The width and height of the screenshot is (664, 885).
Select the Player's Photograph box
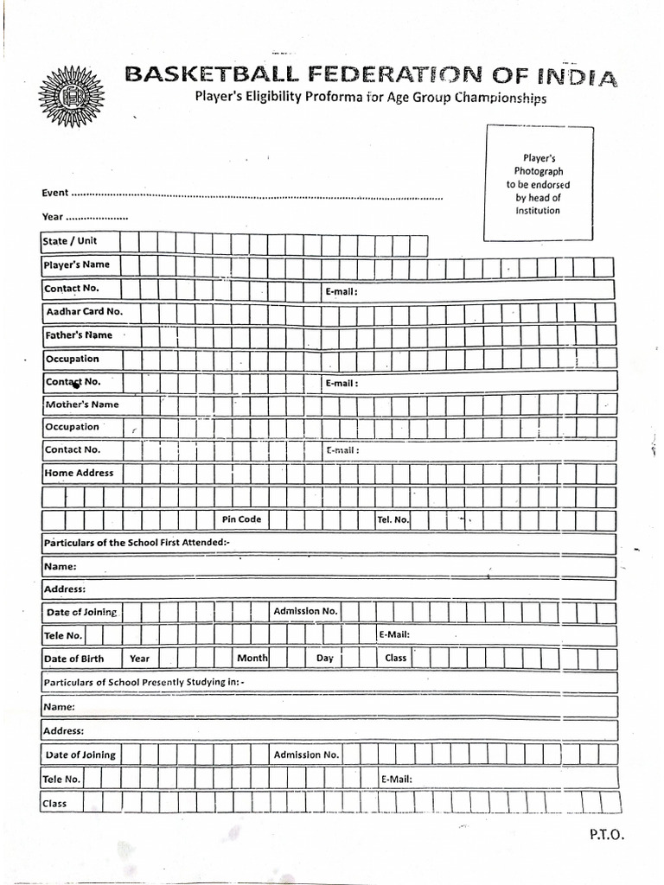pyautogui.click(x=539, y=183)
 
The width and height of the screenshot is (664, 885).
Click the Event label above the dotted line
pyautogui.click(x=54, y=194)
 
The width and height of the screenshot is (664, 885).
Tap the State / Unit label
pyautogui.click(x=70, y=241)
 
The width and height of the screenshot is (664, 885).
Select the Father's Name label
pyautogui.click(x=78, y=334)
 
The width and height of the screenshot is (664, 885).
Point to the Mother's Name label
pyautogui.click(x=81, y=404)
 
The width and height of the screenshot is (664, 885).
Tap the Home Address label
pyautogui.click(x=79, y=473)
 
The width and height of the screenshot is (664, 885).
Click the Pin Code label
pyautogui.click(x=241, y=519)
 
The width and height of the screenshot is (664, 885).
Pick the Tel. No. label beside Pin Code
pyautogui.click(x=393, y=519)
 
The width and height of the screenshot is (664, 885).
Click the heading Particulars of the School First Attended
pyautogui.click(x=137, y=542)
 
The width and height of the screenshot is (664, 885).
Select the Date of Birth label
pyautogui.click(x=74, y=659)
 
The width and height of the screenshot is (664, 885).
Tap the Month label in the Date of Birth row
pyautogui.click(x=252, y=659)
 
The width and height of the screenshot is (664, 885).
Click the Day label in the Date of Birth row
pyautogui.click(x=324, y=659)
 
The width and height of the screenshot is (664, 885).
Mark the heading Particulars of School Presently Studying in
pyautogui.click(x=144, y=682)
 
